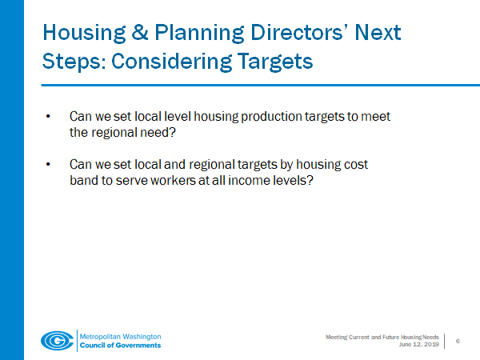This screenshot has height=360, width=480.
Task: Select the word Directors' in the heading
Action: click(279, 34)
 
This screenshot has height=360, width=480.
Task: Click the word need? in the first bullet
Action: click(170, 133)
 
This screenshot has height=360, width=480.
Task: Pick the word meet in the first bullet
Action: click(376, 118)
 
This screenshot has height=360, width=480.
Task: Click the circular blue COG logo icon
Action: click(57, 339)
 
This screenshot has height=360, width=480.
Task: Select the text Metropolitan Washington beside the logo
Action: click(120, 334)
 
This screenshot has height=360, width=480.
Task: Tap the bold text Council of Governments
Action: click(120, 345)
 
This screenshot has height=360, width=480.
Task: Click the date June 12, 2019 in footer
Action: click(418, 344)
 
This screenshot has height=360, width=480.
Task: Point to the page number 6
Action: click(458, 341)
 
